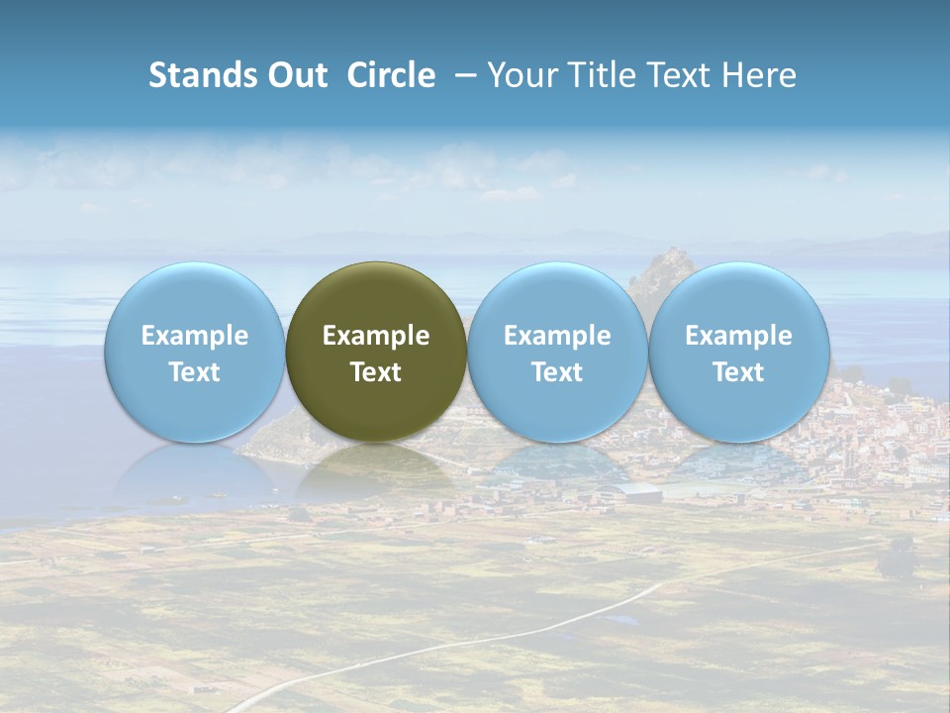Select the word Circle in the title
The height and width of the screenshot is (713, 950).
[x=391, y=75]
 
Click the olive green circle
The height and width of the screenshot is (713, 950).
[x=376, y=297]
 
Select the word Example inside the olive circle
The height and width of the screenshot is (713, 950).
[x=376, y=336]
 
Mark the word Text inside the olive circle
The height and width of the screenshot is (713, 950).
[x=376, y=372]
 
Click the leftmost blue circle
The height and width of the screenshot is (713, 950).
[x=195, y=297]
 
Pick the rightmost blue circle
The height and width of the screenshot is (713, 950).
[x=739, y=297]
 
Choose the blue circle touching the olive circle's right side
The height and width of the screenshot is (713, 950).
[x=557, y=297]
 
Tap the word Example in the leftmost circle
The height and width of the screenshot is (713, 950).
[x=195, y=336]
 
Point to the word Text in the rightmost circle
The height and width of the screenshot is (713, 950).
[x=739, y=372]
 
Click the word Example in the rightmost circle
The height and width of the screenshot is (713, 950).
[x=739, y=336]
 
